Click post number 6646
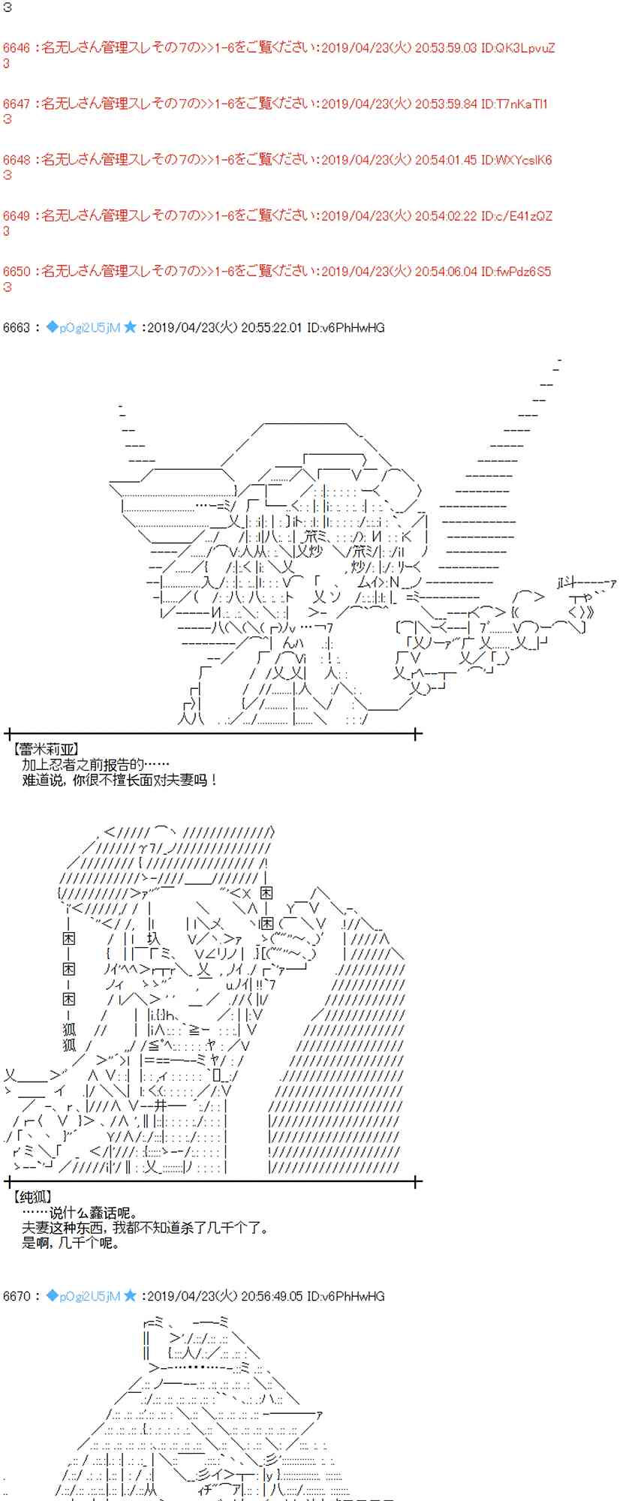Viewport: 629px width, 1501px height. coord(17,48)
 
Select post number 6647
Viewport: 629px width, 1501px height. coord(17,104)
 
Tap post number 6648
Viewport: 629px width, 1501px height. coord(17,160)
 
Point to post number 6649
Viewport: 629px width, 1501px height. coord(17,216)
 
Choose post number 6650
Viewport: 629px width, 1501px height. coord(17,271)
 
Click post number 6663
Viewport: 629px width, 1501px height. coord(17,327)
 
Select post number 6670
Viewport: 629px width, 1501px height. coord(17,1296)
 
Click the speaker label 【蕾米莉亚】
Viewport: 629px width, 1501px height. coord(46,749)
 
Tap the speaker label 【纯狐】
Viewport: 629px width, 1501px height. coord(33,1197)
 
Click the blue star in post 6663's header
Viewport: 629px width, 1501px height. coord(131,327)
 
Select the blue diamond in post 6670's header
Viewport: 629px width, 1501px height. coord(52,1296)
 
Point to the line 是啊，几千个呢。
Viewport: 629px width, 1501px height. coord(71,1243)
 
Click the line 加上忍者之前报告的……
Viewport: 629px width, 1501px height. coord(95,765)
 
